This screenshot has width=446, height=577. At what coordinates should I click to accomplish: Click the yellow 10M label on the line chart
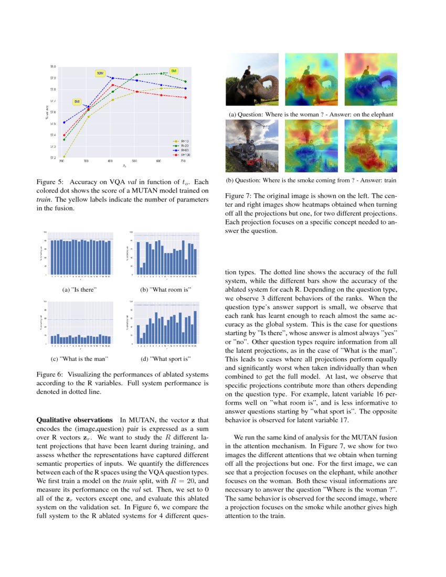pyautogui.click(x=100, y=73)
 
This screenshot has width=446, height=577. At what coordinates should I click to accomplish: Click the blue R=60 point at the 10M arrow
pyautogui.click(x=112, y=78)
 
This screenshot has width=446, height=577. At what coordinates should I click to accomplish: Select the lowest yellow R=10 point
pyautogui.click(x=64, y=156)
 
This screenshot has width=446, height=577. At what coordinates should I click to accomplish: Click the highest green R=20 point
pyautogui.click(x=161, y=73)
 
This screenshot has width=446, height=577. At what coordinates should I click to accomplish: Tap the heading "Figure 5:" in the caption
pyautogui.click(x=49, y=182)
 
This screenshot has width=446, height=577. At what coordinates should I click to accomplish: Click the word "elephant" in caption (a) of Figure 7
pyautogui.click(x=379, y=114)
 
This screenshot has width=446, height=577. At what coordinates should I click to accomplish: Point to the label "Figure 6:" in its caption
pyautogui.click(x=49, y=375)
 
